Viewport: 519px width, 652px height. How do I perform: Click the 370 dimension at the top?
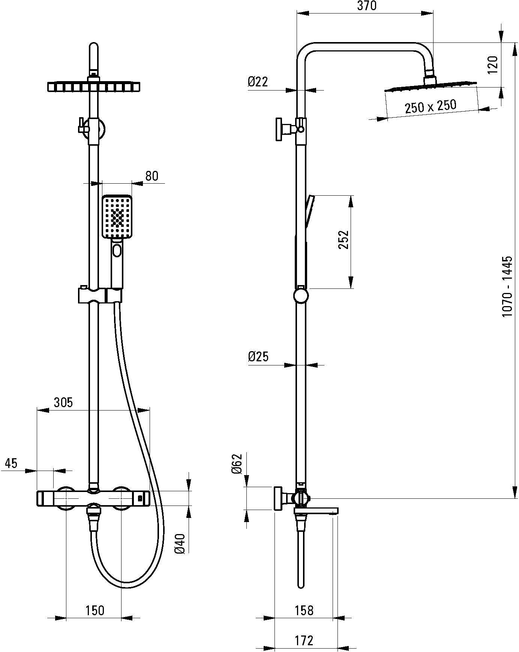(366, 6)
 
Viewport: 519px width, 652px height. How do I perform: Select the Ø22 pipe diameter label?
(258, 81)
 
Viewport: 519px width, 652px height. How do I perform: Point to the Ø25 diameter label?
(258, 356)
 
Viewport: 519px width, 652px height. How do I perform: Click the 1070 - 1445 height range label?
(507, 287)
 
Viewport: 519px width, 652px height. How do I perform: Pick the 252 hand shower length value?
(343, 240)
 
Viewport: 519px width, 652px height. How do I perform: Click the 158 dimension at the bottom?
(304, 610)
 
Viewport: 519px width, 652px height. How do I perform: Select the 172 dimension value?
(304, 640)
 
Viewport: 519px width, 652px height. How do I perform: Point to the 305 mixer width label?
(63, 403)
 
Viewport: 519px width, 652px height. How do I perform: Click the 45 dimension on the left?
(11, 463)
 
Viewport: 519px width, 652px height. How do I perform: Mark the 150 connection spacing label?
(94, 610)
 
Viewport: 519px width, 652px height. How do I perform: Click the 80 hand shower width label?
(151, 176)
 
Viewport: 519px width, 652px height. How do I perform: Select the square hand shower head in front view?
(117, 216)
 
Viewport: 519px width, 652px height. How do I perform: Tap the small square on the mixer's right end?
(140, 498)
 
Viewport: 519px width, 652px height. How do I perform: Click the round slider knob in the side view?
(301, 295)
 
